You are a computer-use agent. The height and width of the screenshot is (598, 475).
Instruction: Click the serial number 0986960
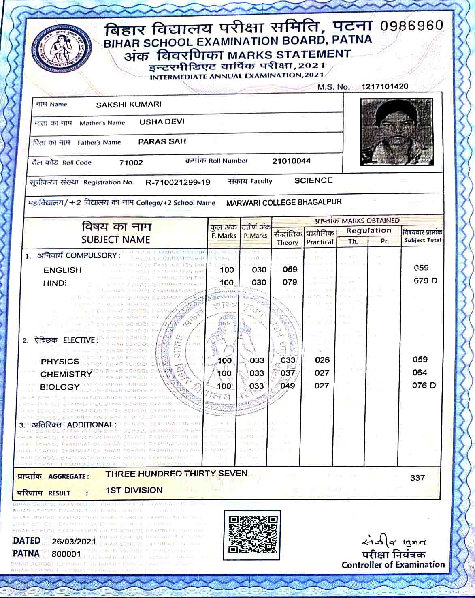[412, 26]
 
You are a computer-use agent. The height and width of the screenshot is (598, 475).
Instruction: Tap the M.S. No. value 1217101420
[385, 86]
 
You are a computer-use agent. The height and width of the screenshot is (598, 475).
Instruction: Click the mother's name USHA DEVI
[162, 122]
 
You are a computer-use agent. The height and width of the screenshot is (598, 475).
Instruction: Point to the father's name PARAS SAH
[162, 141]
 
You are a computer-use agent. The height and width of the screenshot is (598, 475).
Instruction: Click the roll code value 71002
[131, 163]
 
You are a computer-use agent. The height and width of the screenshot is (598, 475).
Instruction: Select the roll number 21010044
[291, 161]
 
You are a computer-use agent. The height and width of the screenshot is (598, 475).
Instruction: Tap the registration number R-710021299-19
[178, 182]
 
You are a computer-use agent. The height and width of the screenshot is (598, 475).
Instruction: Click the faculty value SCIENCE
[313, 180]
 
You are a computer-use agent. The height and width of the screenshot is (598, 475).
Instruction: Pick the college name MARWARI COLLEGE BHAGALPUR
[284, 202]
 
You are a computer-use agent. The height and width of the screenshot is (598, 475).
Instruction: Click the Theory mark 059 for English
[290, 269]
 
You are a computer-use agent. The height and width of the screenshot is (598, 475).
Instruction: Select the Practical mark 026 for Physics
[322, 360]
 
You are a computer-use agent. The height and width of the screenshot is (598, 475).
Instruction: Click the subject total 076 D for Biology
[424, 385]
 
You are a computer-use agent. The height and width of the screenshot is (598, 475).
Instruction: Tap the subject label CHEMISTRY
[66, 374]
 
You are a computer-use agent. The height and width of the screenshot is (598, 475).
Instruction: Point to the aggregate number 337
[417, 478]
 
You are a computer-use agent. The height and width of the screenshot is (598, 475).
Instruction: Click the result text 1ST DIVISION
[134, 490]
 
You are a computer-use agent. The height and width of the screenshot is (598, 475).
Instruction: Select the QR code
[252, 533]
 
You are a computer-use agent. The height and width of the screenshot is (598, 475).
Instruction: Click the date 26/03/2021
[74, 541]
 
